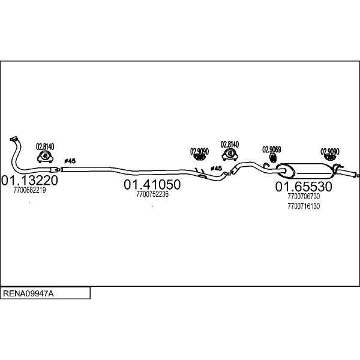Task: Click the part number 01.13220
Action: pyautogui.click(x=29, y=180)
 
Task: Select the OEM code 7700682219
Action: pyautogui.click(x=29, y=190)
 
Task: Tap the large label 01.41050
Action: pyautogui.click(x=152, y=184)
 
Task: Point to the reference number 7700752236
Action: pyautogui.click(x=152, y=194)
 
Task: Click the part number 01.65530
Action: pyautogui.click(x=304, y=187)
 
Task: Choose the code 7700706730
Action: pyautogui.click(x=304, y=197)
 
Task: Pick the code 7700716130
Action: pyautogui.click(x=304, y=206)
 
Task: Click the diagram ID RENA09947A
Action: pyautogui.click(x=28, y=293)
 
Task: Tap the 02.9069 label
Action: pyautogui.click(x=272, y=149)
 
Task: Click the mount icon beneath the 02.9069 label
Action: pyautogui.click(x=273, y=158)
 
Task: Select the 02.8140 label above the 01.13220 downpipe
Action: pyautogui.click(x=45, y=146)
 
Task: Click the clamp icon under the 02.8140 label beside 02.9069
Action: pyautogui.click(x=230, y=154)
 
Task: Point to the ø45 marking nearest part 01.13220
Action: pyautogui.click(x=70, y=161)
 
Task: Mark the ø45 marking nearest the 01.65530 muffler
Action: pyautogui.click(x=216, y=168)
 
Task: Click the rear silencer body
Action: pyautogui.click(x=305, y=171)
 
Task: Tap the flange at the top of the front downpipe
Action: pyautogui.click(x=14, y=139)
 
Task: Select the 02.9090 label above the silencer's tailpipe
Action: pyautogui.click(x=330, y=152)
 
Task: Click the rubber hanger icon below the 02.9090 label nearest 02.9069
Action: pyautogui.click(x=199, y=157)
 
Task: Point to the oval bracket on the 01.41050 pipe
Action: pyautogui.click(x=203, y=176)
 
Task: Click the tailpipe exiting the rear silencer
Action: pyautogui.click(x=347, y=173)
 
